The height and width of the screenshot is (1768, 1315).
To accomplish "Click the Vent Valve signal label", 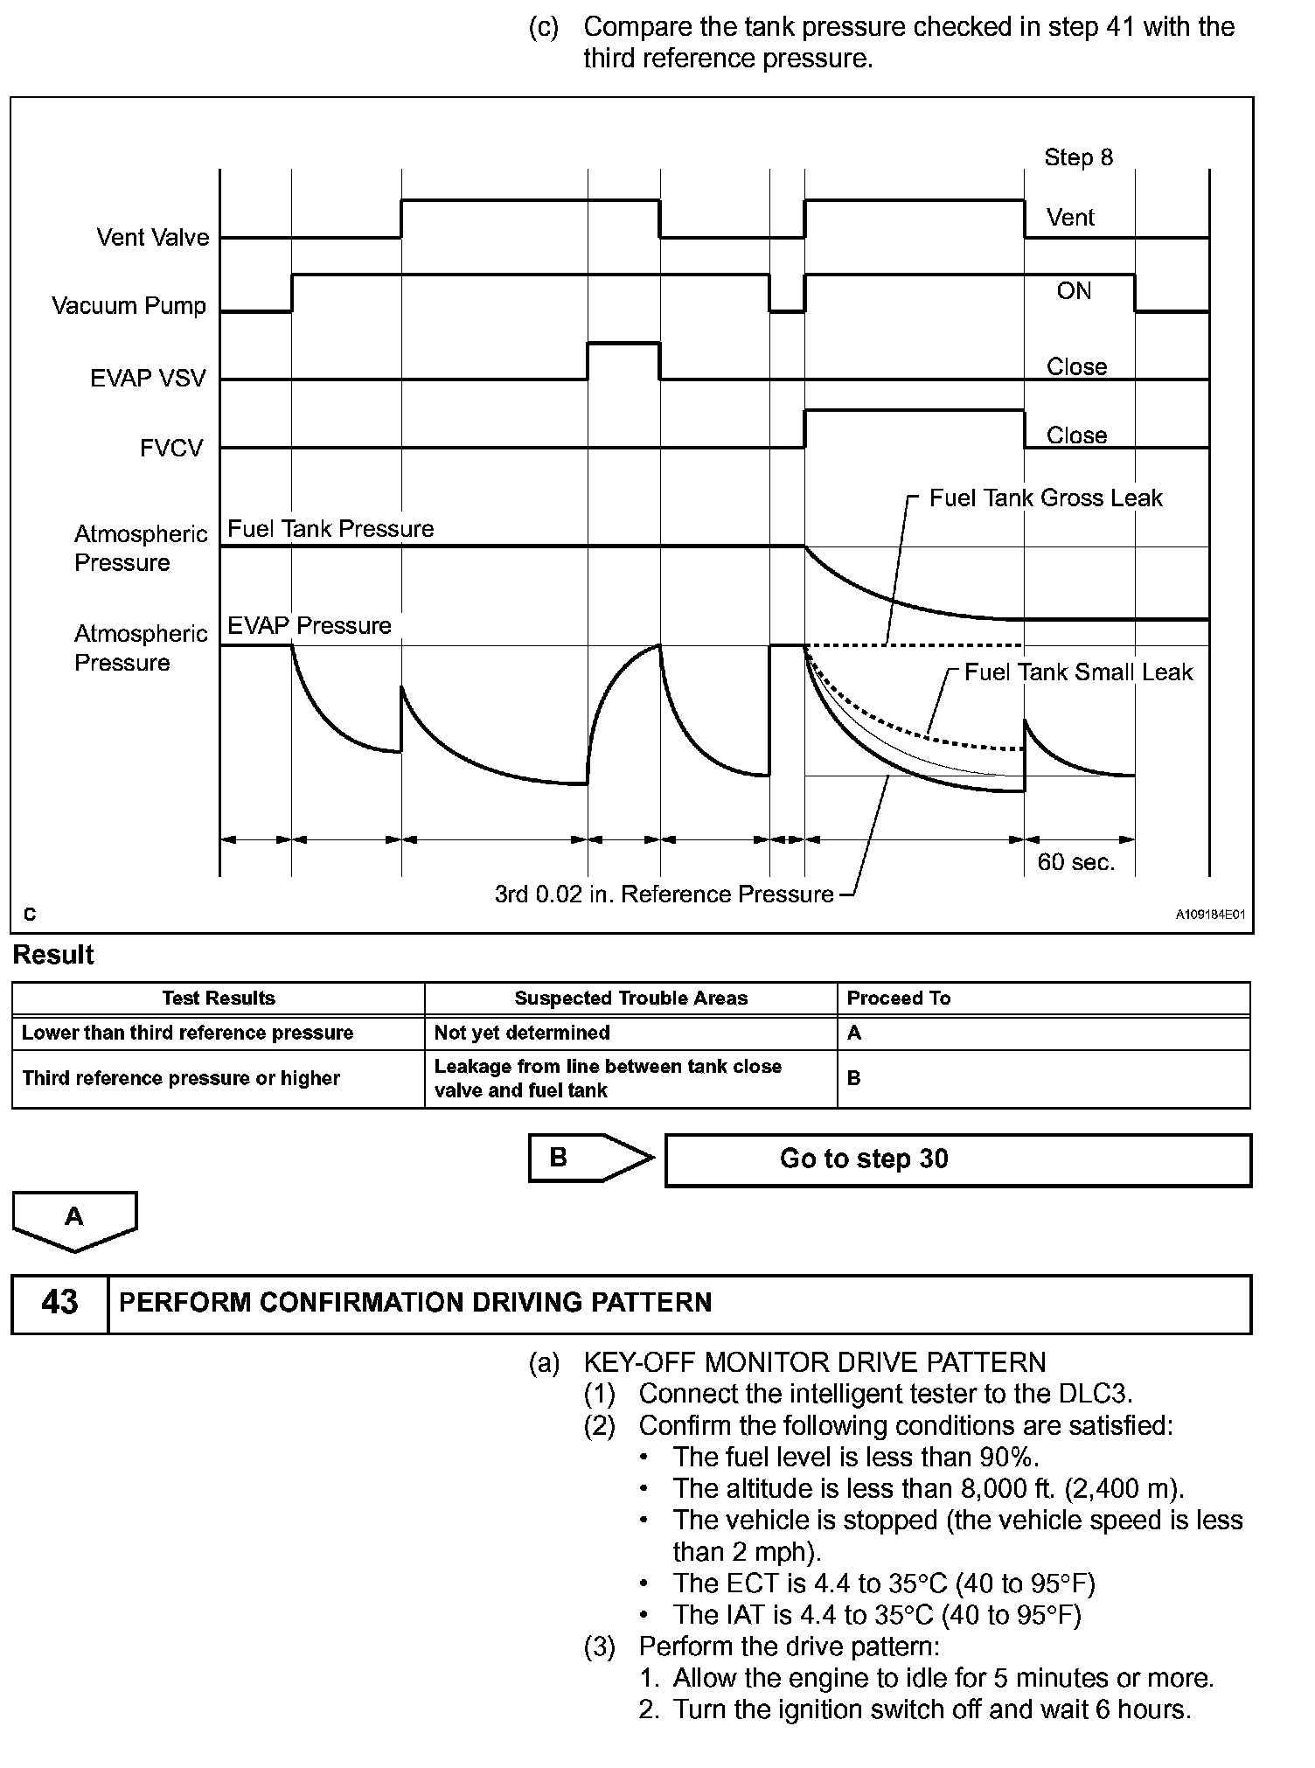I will click(153, 238).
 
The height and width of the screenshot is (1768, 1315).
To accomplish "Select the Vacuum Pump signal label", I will click(129, 306).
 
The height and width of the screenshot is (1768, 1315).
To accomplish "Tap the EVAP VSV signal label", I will click(148, 379).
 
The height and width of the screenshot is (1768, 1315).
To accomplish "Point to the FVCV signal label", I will click(171, 449).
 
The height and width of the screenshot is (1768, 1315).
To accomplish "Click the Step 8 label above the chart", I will click(1078, 157).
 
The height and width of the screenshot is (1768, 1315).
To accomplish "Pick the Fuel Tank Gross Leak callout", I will click(1045, 498).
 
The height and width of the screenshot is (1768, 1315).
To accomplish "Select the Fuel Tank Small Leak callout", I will click(1078, 672).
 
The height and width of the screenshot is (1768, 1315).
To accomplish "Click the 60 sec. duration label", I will click(1075, 862).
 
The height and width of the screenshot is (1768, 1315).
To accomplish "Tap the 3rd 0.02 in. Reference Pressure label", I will click(664, 894).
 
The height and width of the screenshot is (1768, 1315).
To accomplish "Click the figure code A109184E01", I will click(1209, 915).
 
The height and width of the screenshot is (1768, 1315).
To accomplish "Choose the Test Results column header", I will click(219, 999).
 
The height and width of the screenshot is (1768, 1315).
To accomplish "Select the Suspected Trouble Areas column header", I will click(630, 999).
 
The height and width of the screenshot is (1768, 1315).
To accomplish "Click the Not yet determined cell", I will click(522, 1033).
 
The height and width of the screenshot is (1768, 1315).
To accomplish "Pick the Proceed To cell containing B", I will click(854, 1078).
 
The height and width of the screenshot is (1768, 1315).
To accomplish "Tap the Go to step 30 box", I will click(958, 1160).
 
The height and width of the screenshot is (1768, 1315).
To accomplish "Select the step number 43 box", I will click(59, 1303).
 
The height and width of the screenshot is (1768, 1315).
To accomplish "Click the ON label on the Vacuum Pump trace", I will click(1074, 291).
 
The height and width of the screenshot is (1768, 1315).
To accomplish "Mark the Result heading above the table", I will click(53, 955).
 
